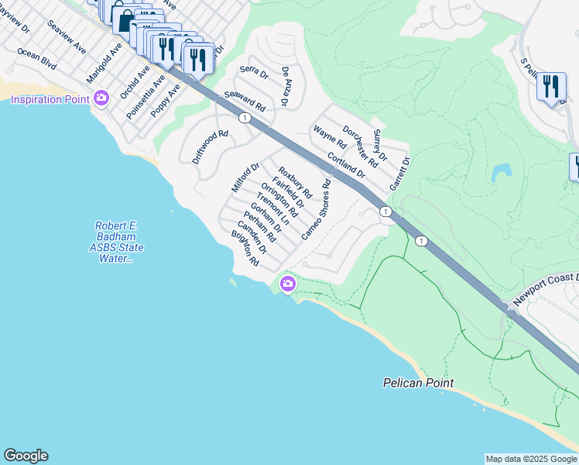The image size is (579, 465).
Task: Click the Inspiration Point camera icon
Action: (101, 98)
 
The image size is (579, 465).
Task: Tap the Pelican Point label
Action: (418, 383)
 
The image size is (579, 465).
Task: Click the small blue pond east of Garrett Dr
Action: (501, 172)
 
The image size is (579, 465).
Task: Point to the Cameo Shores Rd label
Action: (317, 209)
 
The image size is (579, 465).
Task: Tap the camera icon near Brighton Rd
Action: (288, 284)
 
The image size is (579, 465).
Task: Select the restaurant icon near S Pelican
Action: (550, 86)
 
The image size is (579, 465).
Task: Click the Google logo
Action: (26, 456)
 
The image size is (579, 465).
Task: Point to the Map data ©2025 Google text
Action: (530, 459)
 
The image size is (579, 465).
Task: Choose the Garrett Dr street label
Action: (399, 174)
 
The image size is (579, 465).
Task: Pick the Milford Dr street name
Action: (245, 177)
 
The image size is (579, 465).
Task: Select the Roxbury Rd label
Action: (295, 183)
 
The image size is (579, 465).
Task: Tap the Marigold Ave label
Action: (104, 68)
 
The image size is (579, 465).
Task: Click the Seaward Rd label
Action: (245, 100)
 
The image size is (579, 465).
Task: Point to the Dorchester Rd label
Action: (360, 146)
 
